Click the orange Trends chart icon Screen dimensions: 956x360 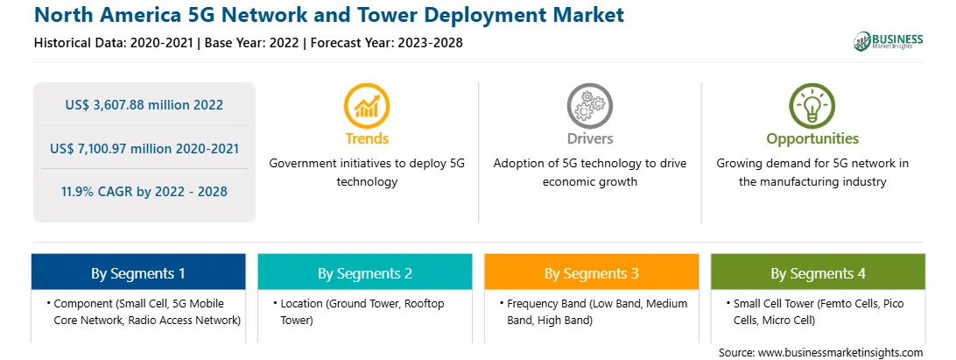pyautogui.click(x=367, y=106)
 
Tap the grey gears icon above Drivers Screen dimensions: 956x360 pyautogui.click(x=589, y=106)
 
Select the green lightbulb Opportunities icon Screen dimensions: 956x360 pyautogui.click(x=812, y=106)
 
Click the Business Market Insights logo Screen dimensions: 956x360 pyautogui.click(x=889, y=41)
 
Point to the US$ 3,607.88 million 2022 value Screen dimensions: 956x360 pyautogui.click(x=144, y=105)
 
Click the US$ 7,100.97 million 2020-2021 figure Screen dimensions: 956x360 pyautogui.click(x=144, y=148)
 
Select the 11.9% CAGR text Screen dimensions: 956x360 pyautogui.click(x=144, y=192)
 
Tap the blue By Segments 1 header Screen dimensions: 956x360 pyautogui.click(x=138, y=272)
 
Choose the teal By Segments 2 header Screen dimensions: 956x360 pyautogui.click(x=364, y=272)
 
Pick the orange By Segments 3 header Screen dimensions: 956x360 pyautogui.click(x=592, y=272)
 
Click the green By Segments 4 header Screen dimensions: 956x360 pyautogui.click(x=819, y=272)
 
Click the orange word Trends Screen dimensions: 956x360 pyautogui.click(x=367, y=138)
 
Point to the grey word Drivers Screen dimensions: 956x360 pyautogui.click(x=589, y=138)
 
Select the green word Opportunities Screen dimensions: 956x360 pyautogui.click(x=812, y=139)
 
